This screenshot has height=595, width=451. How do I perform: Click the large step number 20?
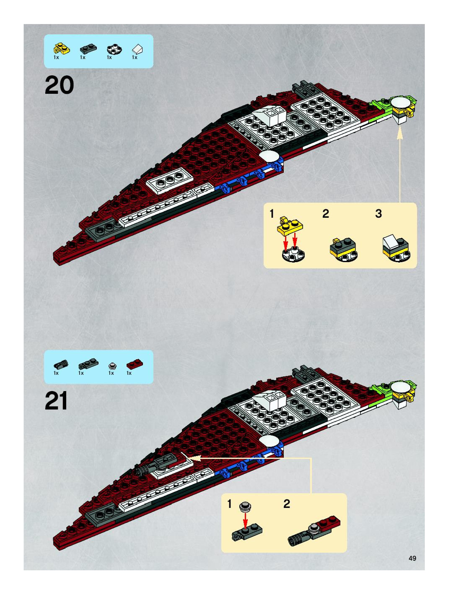(x=59, y=85)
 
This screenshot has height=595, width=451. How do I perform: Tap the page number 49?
(x=412, y=558)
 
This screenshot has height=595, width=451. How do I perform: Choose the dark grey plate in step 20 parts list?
(x=88, y=49)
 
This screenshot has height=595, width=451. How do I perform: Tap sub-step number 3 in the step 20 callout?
(x=378, y=214)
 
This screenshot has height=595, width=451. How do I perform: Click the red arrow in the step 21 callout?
(x=245, y=520)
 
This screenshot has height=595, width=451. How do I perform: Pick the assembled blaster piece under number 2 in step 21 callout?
(x=314, y=530)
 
